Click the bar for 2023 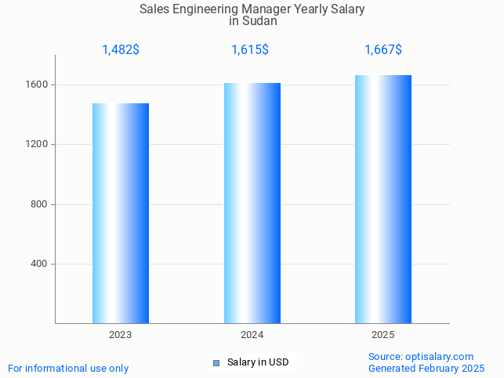point(121,213)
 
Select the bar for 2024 point(252,203)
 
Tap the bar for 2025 point(383,199)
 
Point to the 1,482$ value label point(121,50)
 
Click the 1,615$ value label point(250,50)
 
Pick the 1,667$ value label point(383,50)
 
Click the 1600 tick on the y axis point(38,85)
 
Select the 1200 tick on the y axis point(38,145)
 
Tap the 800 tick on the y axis point(40,204)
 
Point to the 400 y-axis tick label point(40,264)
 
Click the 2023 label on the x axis point(121,335)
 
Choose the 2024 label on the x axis point(252,335)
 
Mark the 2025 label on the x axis point(383,335)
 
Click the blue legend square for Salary point(216,362)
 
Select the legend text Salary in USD point(258,362)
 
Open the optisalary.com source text point(422,356)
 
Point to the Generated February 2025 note point(426,368)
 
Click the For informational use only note point(68,368)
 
